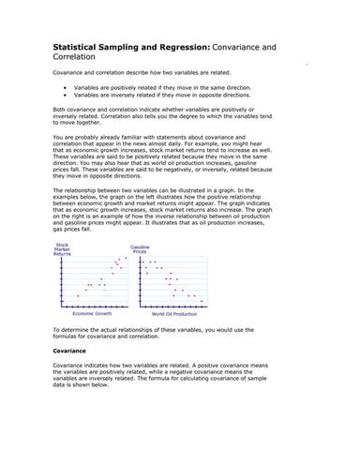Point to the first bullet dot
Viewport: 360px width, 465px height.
point(64,84)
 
